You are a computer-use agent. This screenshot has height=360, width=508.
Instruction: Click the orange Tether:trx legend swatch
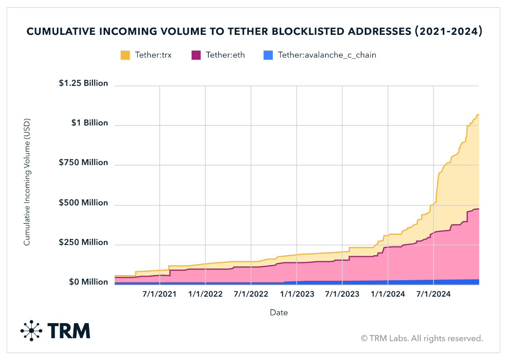(125, 55)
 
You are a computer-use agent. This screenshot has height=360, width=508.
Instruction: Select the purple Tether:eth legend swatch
(196, 55)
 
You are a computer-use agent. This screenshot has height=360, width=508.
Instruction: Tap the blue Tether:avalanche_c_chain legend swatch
(268, 55)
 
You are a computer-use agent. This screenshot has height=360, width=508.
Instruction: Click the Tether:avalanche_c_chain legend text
(327, 55)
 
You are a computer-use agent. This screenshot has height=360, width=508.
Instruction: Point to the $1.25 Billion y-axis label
(83, 83)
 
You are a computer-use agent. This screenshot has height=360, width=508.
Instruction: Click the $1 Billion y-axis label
(89, 123)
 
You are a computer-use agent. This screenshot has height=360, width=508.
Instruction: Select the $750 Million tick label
(83, 163)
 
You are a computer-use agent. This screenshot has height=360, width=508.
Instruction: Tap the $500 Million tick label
(83, 203)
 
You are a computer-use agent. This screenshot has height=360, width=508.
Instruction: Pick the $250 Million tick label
(83, 243)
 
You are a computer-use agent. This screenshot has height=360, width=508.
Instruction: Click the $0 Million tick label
(89, 282)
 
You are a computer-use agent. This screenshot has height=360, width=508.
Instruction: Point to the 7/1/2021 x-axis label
(160, 295)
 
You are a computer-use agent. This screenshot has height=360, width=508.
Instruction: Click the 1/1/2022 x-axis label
(205, 295)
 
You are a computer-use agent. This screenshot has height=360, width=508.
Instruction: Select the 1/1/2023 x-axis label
(297, 295)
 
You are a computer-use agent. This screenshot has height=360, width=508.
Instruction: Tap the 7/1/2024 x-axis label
(433, 295)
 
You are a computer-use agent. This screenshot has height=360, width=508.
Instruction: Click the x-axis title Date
(279, 313)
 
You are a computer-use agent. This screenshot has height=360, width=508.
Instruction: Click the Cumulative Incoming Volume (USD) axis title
(27, 181)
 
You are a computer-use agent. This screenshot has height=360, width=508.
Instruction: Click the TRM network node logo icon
(31, 330)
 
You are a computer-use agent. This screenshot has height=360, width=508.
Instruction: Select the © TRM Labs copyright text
(421, 338)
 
